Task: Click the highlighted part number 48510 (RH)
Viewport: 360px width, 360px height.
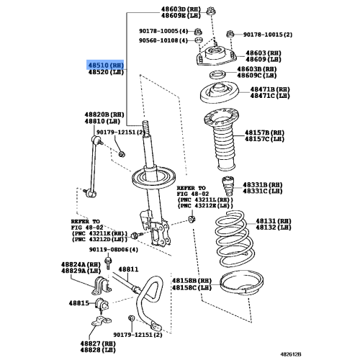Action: coord(107,64)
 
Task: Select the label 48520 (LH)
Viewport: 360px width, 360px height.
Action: coord(107,72)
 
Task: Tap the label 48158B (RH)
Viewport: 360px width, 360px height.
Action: coord(192,279)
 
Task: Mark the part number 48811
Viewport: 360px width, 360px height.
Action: coord(128,269)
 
